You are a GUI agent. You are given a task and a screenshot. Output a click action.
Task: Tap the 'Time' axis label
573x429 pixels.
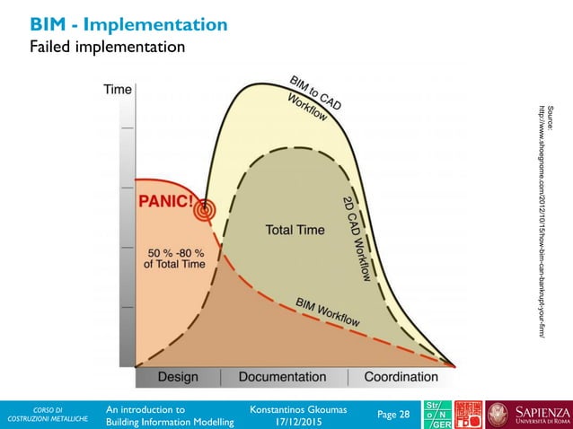pos(118,90)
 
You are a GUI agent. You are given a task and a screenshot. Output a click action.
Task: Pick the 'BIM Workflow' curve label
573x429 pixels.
pos(328,311)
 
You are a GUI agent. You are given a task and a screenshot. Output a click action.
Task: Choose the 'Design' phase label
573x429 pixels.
pos(178,377)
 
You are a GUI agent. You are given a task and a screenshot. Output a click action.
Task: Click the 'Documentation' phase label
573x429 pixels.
pos(282,377)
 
